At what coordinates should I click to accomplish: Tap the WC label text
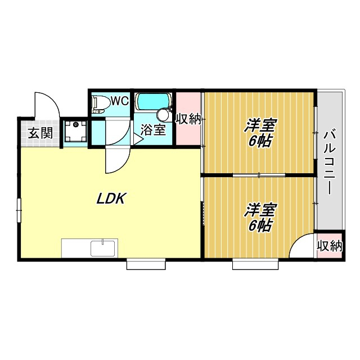click(x=120, y=102)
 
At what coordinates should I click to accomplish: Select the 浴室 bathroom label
click(x=152, y=130)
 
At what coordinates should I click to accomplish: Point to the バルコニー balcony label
click(x=330, y=161)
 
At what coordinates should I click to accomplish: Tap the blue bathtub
click(x=152, y=101)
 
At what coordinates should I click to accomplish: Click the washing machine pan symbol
click(x=75, y=132)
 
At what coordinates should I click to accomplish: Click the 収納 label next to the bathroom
click(x=188, y=119)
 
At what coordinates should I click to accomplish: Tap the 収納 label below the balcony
click(x=329, y=245)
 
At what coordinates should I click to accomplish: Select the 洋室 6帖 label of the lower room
click(x=259, y=218)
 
